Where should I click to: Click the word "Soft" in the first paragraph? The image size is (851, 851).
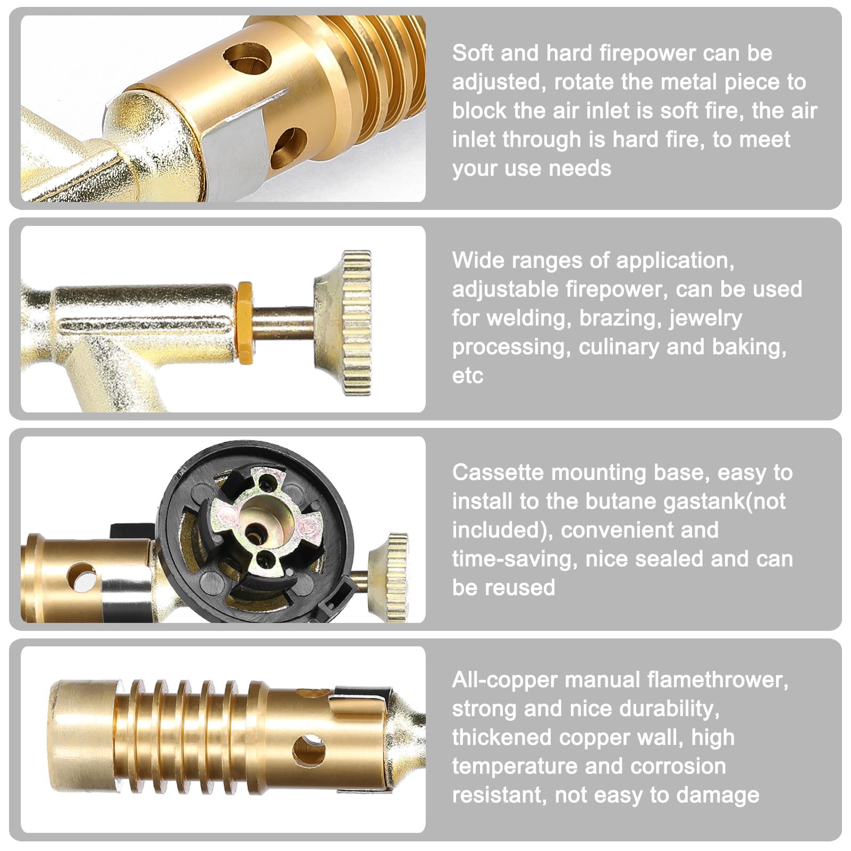click(x=473, y=53)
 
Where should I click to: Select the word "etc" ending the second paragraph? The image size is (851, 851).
click(x=468, y=376)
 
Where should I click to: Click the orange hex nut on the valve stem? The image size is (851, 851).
click(x=245, y=323)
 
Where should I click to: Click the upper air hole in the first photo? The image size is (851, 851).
click(x=247, y=58)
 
